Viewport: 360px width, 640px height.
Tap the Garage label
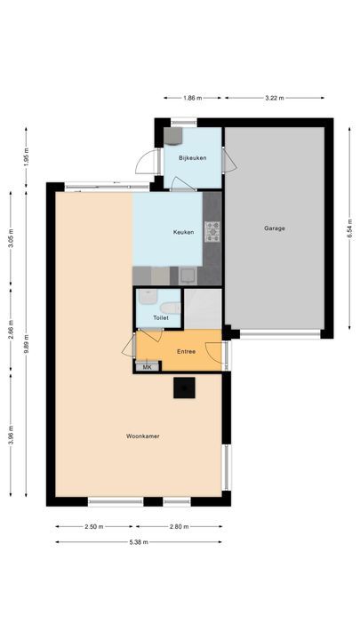[x=274, y=228]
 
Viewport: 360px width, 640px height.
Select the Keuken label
[x=184, y=233]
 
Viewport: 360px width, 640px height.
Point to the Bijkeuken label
[x=192, y=157]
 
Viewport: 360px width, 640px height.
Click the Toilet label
[x=161, y=317]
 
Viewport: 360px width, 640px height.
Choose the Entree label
[x=186, y=351]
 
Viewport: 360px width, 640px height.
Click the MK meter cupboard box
[x=147, y=366]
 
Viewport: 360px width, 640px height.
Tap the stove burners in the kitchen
[x=212, y=232]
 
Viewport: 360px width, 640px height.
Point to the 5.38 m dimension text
[x=138, y=541]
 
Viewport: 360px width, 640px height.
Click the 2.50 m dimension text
[x=92, y=526]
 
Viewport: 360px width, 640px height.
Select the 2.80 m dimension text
[x=180, y=526]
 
